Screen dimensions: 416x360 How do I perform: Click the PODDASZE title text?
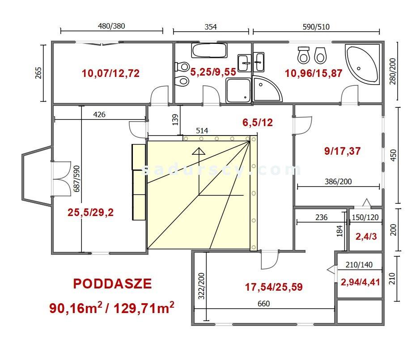112,284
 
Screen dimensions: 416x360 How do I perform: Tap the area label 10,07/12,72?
110,73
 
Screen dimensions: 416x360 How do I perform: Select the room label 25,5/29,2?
90,212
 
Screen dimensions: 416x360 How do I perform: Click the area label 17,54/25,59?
273,287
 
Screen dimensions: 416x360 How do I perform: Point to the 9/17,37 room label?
342,151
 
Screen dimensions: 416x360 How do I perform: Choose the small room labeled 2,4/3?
366,236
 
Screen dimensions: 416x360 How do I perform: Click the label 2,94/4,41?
360,282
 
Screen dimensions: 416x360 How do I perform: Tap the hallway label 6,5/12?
257,122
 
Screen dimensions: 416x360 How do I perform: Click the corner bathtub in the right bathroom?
362,64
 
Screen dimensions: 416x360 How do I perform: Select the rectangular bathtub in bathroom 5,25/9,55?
209,51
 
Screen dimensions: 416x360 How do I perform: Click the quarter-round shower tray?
267,89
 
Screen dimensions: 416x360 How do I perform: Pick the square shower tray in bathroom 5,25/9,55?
238,90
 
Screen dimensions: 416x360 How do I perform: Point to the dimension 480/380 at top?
111,26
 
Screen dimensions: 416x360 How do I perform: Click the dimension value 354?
211,27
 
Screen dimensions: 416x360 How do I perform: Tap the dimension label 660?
263,304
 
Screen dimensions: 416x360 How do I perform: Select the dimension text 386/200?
338,182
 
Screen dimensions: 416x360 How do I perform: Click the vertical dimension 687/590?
76,178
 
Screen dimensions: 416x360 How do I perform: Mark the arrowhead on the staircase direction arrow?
199,151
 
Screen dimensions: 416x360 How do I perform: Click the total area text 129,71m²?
144,308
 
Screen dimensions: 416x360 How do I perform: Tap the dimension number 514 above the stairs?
202,131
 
